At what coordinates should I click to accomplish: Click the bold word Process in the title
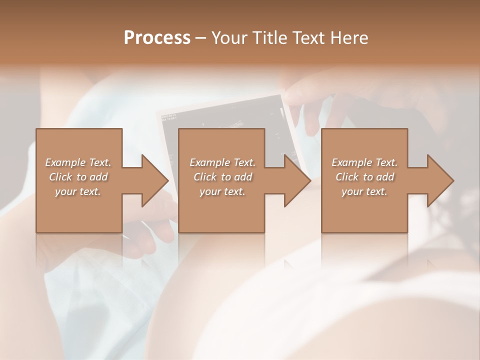click(x=157, y=38)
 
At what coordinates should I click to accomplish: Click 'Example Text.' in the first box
click(x=78, y=162)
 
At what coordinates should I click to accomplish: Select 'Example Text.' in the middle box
click(x=222, y=162)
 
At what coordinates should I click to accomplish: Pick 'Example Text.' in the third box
click(x=364, y=162)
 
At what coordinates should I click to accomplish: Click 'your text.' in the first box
click(x=78, y=191)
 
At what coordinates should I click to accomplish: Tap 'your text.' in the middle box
click(x=222, y=191)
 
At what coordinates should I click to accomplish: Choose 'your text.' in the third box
click(x=364, y=191)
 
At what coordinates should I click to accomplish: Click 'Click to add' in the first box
click(x=78, y=177)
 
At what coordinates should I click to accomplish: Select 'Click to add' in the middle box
click(x=222, y=177)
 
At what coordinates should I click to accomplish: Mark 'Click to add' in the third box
click(x=364, y=177)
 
